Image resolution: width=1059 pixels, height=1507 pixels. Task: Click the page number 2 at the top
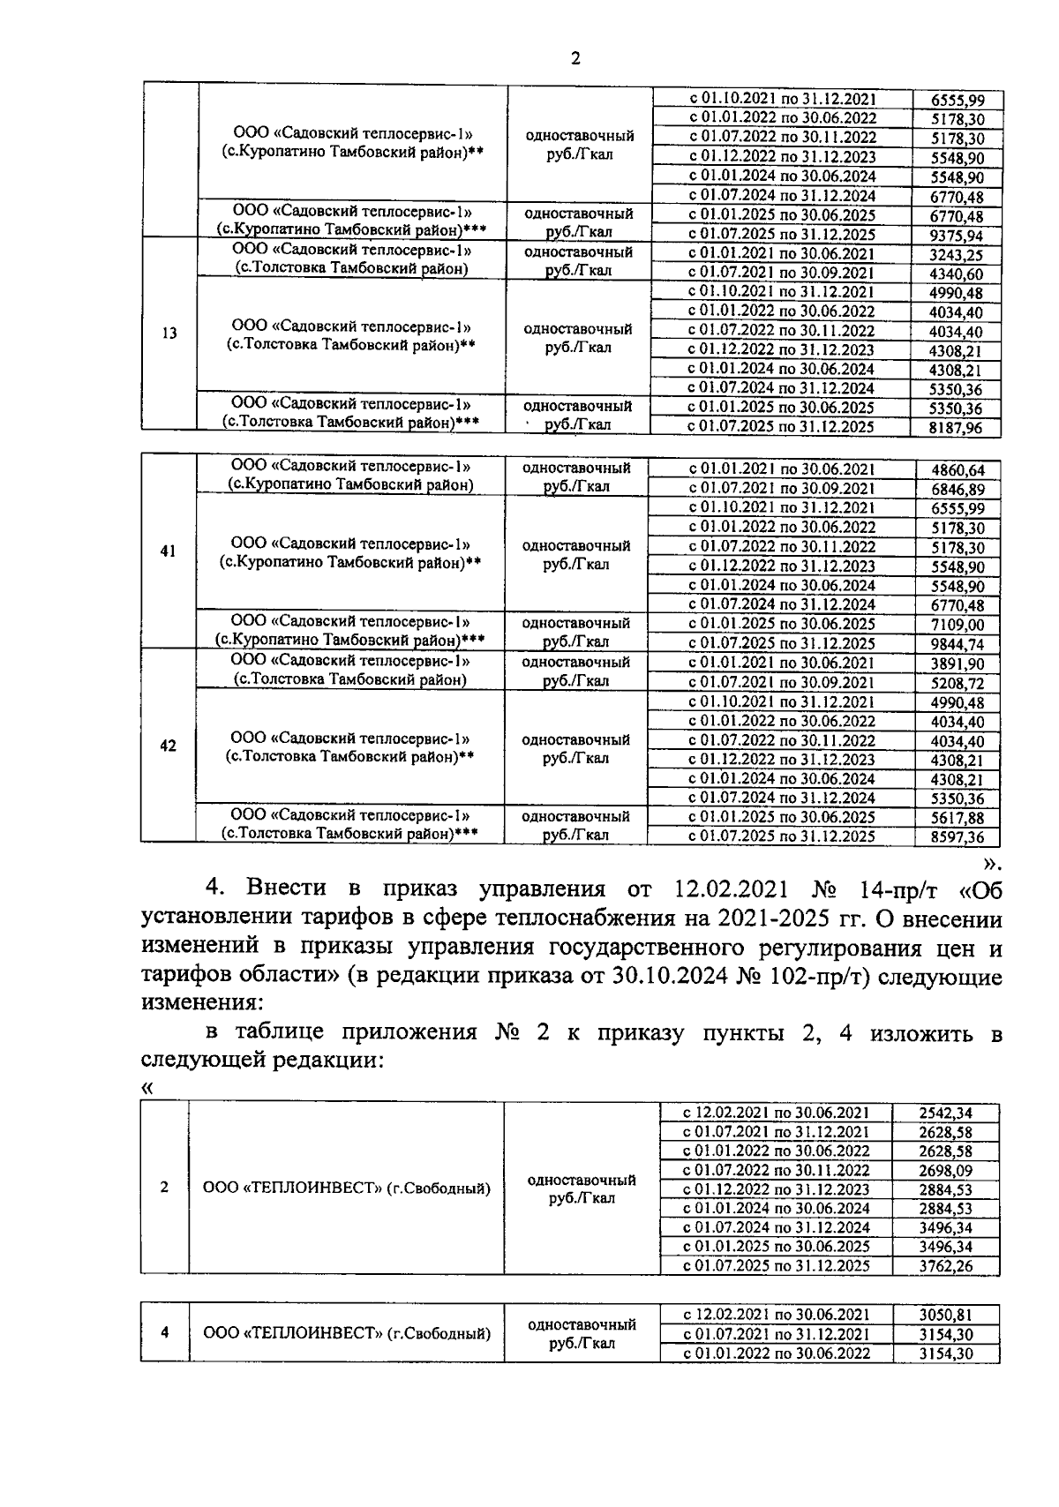click(575, 59)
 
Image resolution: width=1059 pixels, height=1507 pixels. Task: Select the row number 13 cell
click(169, 334)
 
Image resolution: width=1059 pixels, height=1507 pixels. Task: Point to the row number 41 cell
click(168, 551)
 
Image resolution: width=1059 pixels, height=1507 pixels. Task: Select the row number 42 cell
click(168, 746)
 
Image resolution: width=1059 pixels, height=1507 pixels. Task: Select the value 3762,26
click(945, 1266)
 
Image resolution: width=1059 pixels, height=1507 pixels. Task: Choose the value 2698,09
click(945, 1171)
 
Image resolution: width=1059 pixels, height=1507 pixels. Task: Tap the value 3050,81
click(945, 1316)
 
